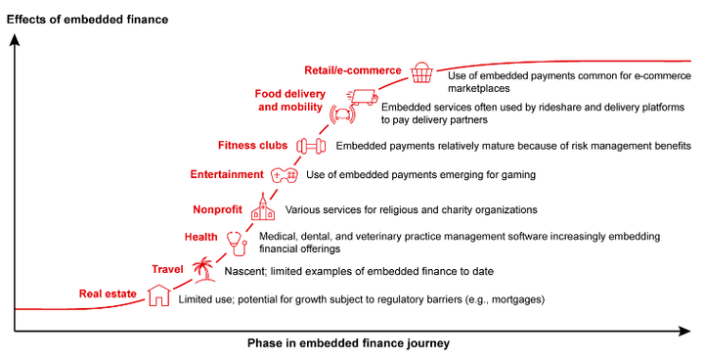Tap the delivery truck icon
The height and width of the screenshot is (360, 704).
(x=363, y=96)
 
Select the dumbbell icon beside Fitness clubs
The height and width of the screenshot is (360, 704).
(x=310, y=146)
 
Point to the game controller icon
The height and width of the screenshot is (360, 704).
(x=285, y=175)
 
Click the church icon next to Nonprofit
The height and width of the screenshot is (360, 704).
(x=262, y=207)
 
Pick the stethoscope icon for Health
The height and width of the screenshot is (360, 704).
(x=236, y=241)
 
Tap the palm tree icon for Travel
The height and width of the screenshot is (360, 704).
(x=202, y=267)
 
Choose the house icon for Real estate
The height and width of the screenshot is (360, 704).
(x=157, y=294)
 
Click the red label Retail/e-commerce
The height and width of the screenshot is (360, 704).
(x=352, y=70)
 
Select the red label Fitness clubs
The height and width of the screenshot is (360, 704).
(x=252, y=146)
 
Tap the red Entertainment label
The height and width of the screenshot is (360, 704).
(x=227, y=175)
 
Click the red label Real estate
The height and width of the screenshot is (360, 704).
(x=108, y=293)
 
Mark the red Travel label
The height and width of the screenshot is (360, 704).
(x=168, y=269)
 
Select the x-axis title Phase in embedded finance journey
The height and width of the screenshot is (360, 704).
(x=348, y=344)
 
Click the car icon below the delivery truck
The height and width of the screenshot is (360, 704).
(x=342, y=114)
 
